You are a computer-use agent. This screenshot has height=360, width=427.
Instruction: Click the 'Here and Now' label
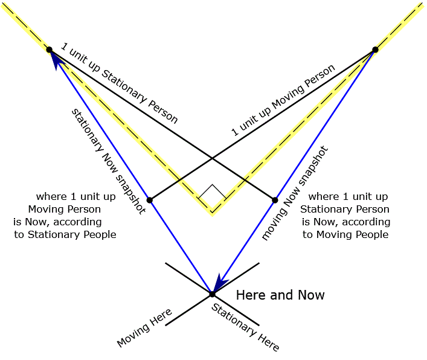point(280,295)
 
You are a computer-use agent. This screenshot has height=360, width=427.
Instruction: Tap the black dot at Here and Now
point(212,294)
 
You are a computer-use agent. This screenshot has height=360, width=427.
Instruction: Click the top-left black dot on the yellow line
point(50,50)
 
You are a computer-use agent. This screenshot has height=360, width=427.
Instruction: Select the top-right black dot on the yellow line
point(374,50)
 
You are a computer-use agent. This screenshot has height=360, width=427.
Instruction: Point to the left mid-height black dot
point(149,200)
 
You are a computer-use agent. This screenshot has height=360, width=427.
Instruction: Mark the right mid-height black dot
point(275,200)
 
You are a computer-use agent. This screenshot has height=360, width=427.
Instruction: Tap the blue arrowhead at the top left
point(54,57)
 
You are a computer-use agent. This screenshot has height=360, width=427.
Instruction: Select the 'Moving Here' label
point(145,328)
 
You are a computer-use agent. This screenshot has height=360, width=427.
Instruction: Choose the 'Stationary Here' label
point(245,327)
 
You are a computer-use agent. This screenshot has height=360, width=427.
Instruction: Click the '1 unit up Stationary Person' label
point(119,83)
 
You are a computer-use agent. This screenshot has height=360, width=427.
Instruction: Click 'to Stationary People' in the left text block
point(65,234)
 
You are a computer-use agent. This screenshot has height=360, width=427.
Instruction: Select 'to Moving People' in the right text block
point(345,234)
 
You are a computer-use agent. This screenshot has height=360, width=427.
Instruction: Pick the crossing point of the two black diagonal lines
point(212,159)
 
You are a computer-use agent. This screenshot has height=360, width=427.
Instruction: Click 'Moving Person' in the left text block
point(64,209)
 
